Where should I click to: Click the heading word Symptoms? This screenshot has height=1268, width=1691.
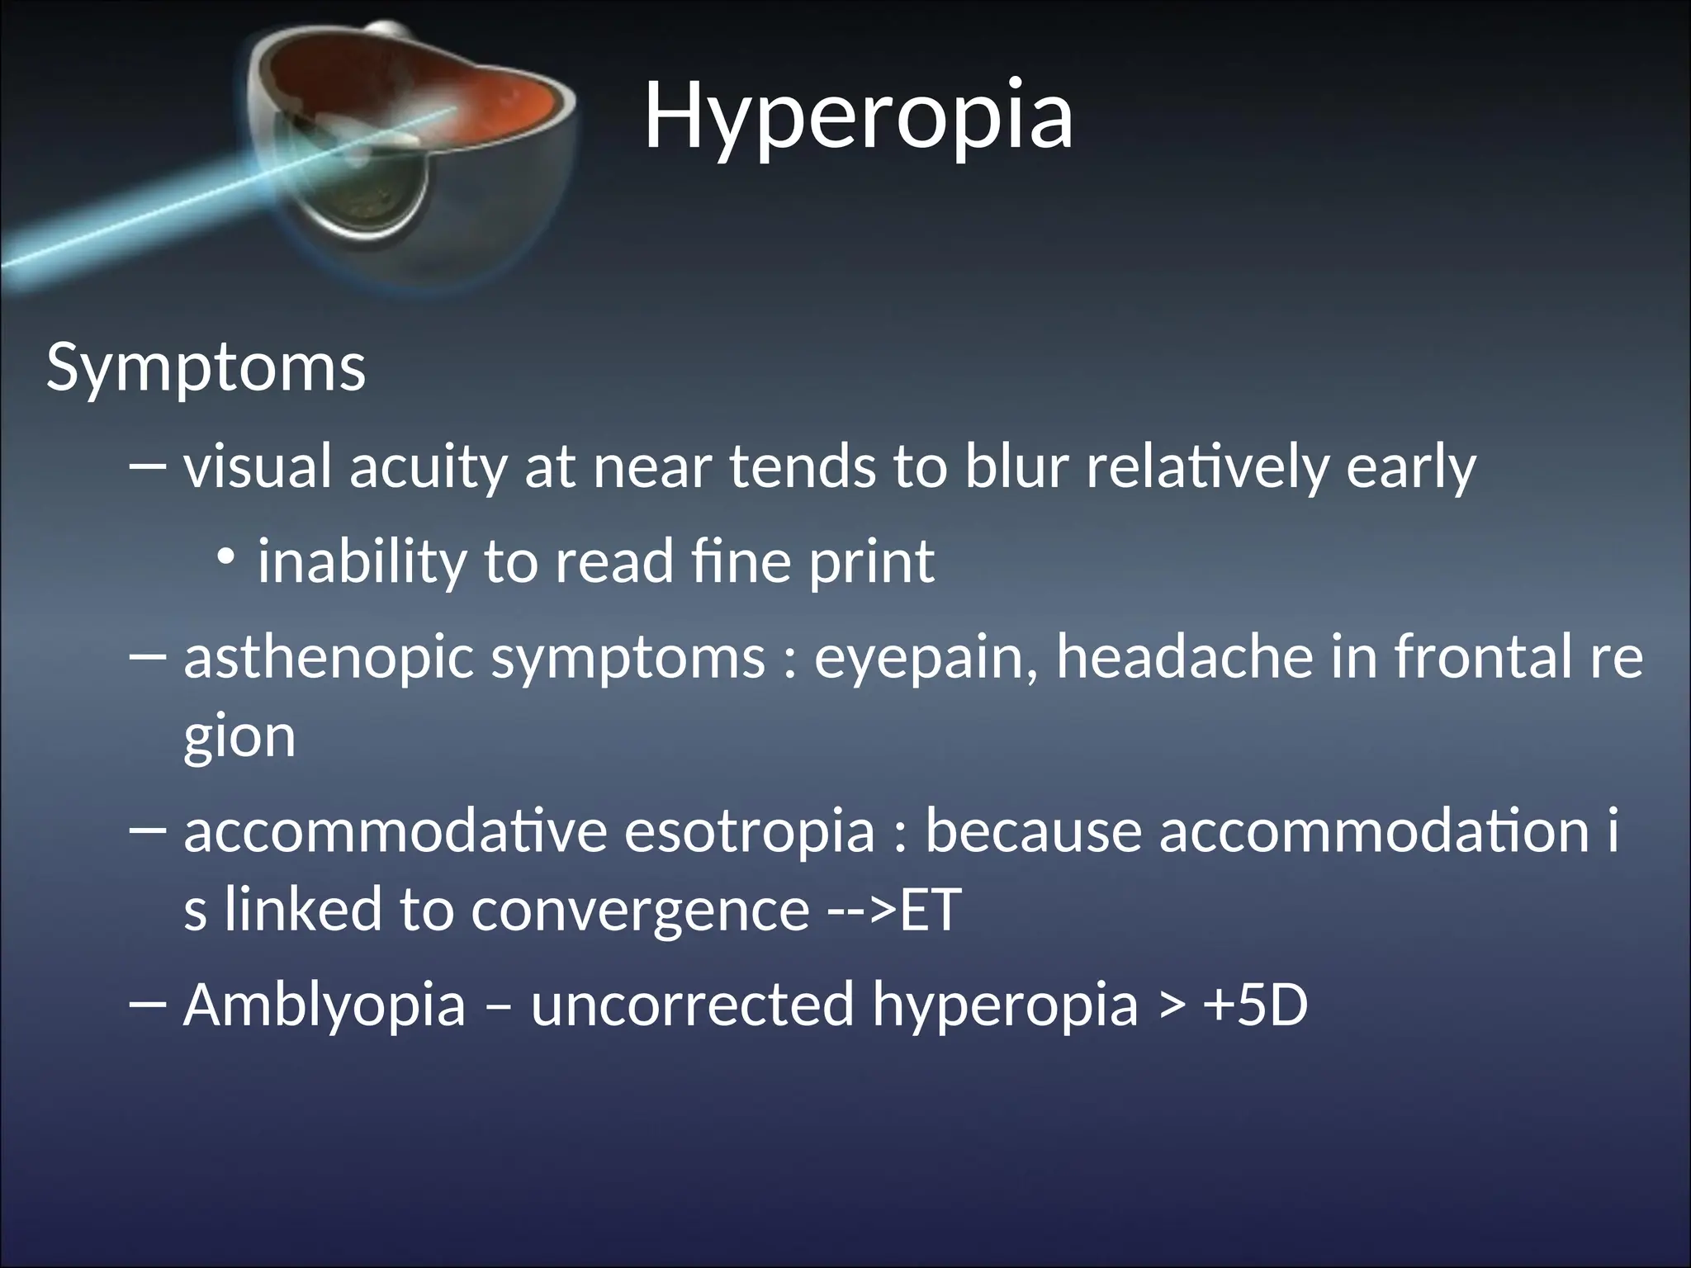pos(206,367)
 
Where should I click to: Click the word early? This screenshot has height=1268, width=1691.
pos(1410,467)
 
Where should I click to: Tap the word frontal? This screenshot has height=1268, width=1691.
pos(1479,657)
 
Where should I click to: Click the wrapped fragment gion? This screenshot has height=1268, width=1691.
pos(239,737)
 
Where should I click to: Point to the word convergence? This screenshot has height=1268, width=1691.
pos(640,911)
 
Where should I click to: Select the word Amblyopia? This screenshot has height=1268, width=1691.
pos(324,1006)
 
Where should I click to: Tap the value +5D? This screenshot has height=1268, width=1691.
pos(1256,1005)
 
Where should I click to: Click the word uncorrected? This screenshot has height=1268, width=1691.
pos(692,1005)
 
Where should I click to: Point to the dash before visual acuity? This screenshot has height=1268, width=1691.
pos(149,467)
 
